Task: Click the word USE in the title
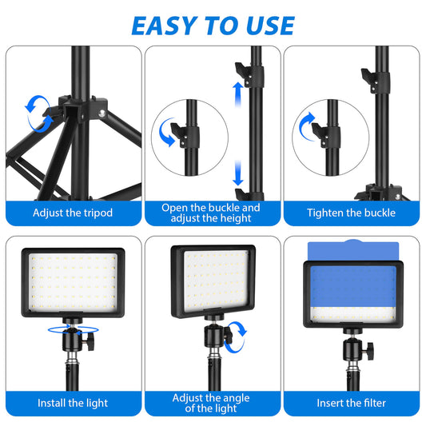tap(271, 26)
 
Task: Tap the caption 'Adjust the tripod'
tap(73, 213)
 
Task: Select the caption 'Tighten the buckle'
tap(352, 213)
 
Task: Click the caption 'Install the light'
tap(73, 403)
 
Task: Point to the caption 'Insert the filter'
tap(352, 403)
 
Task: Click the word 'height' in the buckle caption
tap(236, 218)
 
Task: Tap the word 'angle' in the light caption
tap(235, 398)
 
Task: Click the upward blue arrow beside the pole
tap(238, 94)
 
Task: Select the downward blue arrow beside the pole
tap(238, 173)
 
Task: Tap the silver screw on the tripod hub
tap(102, 113)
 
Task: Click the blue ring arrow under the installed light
tap(73, 330)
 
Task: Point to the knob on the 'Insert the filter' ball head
tap(370, 352)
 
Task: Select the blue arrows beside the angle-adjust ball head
tap(236, 337)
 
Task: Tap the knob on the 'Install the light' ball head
tap(90, 340)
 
